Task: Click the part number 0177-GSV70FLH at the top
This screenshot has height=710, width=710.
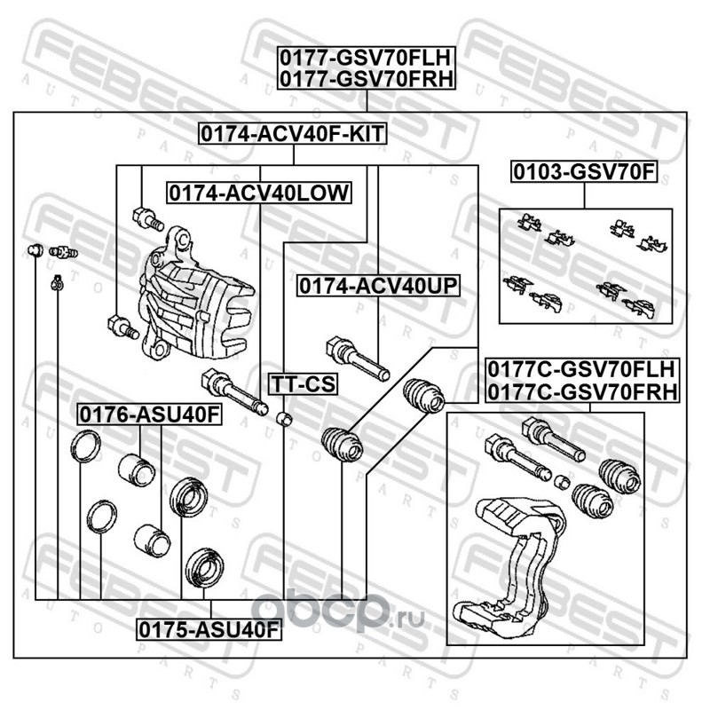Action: point(366,58)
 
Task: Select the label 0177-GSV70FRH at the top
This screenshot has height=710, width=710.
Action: point(366,79)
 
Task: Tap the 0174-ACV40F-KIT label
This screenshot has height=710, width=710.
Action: point(293,134)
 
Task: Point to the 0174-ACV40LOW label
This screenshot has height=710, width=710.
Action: point(259,193)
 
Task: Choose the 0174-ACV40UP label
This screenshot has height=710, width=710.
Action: point(379,286)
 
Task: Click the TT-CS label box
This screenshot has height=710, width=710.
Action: point(304,384)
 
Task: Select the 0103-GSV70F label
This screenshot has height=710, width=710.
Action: point(584,172)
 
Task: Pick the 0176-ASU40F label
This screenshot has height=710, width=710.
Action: point(150,414)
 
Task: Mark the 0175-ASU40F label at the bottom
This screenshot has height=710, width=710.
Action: point(209,630)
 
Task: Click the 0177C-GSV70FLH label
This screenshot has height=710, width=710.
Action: point(582,370)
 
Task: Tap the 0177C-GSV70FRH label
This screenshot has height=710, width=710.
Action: point(582,391)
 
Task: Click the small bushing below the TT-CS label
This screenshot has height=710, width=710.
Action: point(284,418)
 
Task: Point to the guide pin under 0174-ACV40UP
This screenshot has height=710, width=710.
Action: point(358,359)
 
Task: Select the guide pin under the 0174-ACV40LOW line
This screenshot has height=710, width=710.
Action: point(234,391)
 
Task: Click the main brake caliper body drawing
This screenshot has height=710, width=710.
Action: point(197,295)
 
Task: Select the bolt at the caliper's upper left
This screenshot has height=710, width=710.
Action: point(148,219)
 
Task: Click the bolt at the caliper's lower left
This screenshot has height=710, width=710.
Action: point(123,326)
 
